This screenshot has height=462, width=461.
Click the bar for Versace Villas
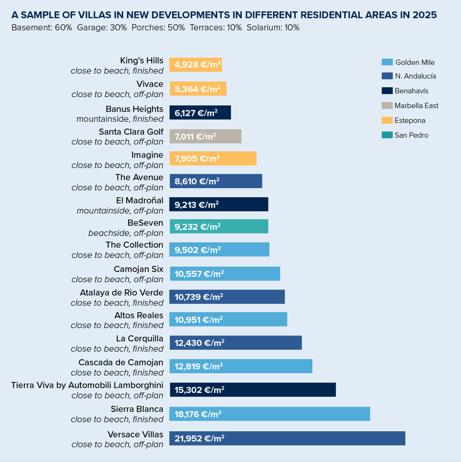click(287, 438)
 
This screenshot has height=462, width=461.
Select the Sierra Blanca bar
click(270, 414)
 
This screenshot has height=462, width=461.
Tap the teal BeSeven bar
click(219, 226)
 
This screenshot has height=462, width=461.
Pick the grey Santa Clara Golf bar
click(205, 136)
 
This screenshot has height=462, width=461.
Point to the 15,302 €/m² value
click(199, 390)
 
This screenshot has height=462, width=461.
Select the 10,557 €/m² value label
click(199, 274)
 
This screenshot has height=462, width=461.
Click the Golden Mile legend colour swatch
click(387, 62)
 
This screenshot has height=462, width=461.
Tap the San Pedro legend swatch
click(387, 135)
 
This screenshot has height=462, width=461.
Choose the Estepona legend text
click(410, 121)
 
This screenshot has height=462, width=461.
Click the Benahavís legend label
click(411, 91)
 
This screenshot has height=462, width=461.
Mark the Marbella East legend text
click(416, 106)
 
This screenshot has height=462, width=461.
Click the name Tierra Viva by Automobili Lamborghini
click(87, 385)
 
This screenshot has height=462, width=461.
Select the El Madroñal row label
click(139, 201)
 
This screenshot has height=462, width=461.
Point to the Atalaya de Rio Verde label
click(121, 293)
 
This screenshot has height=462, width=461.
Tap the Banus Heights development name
click(134, 109)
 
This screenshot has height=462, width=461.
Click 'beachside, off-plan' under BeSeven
click(126, 233)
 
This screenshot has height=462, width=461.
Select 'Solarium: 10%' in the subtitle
click(273, 28)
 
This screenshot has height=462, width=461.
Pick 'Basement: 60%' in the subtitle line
click(42, 28)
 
